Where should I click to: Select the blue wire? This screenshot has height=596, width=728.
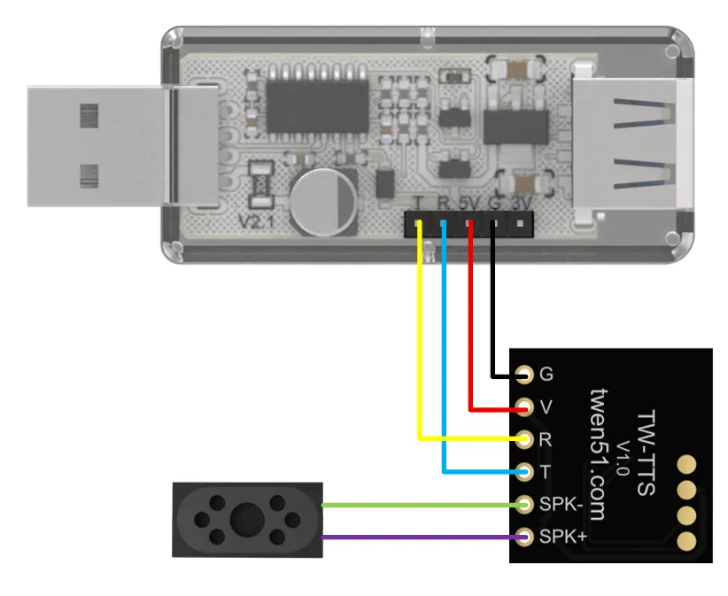pos(444,372)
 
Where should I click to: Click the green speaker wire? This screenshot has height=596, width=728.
pos(416,505)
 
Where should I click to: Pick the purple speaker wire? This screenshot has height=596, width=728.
pos(416,537)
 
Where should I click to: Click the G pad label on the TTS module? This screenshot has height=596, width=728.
pos(546,375)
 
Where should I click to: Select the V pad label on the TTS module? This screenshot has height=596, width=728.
pos(546,407)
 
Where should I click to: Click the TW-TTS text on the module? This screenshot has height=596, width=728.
pos(647,452)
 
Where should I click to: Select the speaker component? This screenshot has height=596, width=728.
pos(245,519)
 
